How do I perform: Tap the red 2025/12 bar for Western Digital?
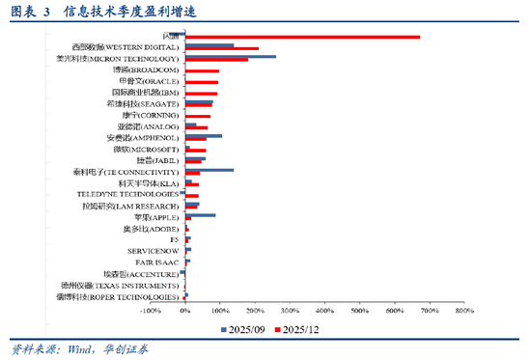pyautogui.click(x=221, y=48)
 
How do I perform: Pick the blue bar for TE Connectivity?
pyautogui.click(x=209, y=170)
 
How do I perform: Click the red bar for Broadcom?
pyautogui.click(x=202, y=71)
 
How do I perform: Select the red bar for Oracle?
pyautogui.click(x=201, y=83)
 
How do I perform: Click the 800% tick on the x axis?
pyautogui.click(x=463, y=312)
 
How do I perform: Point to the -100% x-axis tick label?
pyautogui.click(x=150, y=312)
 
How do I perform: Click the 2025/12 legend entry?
pyautogui.click(x=300, y=329)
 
